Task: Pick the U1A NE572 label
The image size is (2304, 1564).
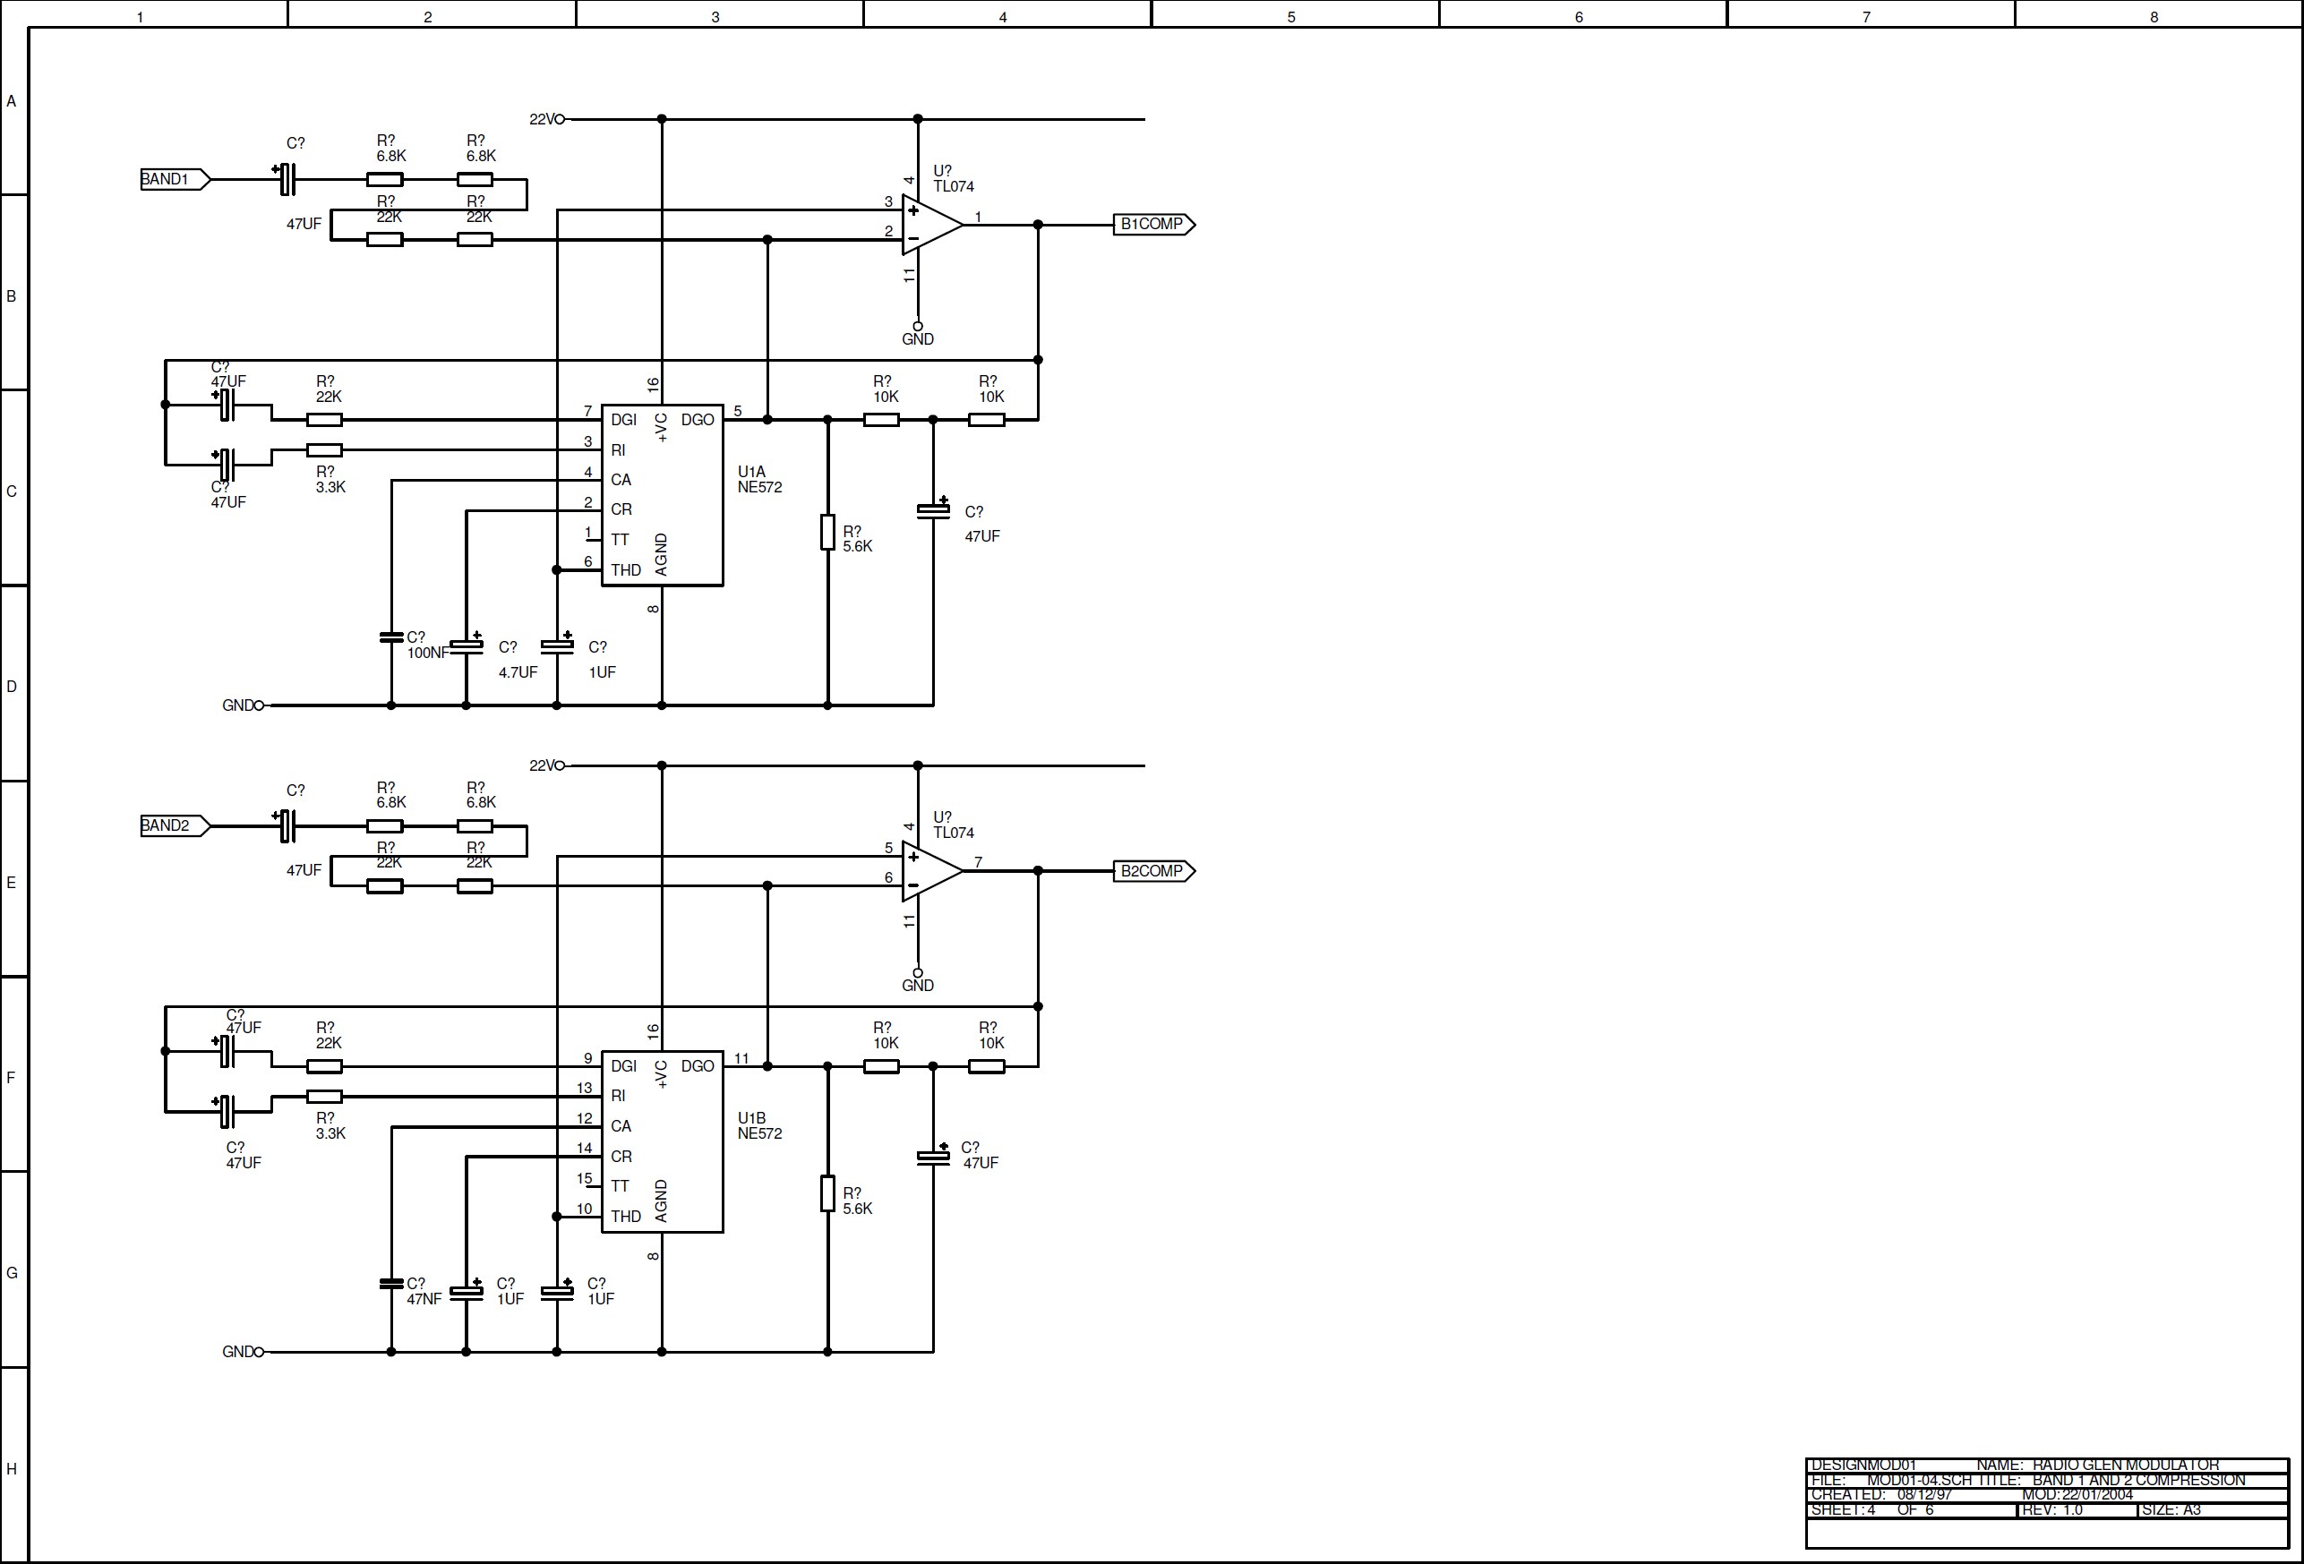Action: [x=759, y=480]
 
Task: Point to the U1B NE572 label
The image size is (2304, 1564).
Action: [x=759, y=1126]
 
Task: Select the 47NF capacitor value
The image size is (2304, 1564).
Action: [x=424, y=1299]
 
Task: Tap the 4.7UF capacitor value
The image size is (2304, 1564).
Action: [x=518, y=672]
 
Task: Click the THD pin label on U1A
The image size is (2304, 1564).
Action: [x=626, y=570]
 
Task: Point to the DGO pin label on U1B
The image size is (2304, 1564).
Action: [x=697, y=1065]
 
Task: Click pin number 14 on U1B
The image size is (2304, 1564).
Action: [x=584, y=1148]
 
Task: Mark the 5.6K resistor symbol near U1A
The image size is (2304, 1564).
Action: [x=827, y=533]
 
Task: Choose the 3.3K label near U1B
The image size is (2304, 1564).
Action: [x=330, y=1132]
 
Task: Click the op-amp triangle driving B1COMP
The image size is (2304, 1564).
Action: [x=929, y=225]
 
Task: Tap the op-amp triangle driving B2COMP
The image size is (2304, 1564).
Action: [x=929, y=871]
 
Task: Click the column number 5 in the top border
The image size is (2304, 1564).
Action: [x=1291, y=17]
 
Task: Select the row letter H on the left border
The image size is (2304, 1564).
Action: [x=12, y=1469]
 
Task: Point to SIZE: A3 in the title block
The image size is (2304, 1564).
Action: [x=2171, y=1509]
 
